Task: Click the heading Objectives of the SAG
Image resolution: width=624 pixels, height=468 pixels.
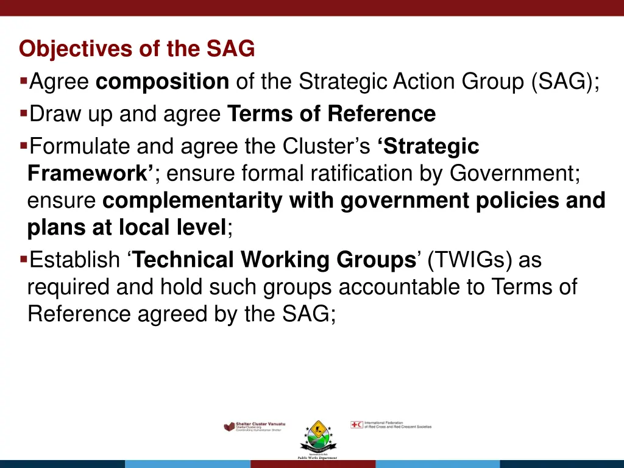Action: click(136, 49)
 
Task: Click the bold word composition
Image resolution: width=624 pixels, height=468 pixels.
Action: click(162, 81)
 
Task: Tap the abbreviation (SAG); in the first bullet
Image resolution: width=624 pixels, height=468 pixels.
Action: click(565, 81)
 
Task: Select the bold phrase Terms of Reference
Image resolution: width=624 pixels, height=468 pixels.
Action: click(331, 114)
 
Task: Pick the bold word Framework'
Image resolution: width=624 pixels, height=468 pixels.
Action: click(91, 174)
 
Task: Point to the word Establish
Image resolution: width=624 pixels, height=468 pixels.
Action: click(75, 260)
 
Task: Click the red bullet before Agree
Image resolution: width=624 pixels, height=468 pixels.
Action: click(23, 80)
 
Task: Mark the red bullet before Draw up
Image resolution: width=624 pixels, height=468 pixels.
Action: click(23, 113)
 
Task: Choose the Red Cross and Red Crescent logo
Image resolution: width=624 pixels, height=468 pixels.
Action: click(391, 425)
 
